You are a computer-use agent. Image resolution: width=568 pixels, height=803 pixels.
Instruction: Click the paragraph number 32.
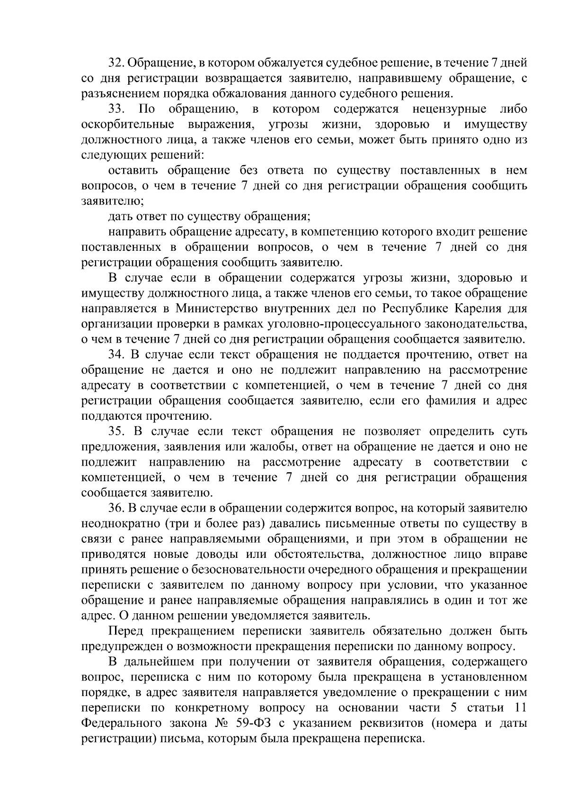115,63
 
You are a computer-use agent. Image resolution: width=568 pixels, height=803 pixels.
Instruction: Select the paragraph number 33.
116,109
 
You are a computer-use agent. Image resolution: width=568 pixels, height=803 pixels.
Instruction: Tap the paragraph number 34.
116,355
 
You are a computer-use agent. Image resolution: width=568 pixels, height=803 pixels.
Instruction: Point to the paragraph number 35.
116,432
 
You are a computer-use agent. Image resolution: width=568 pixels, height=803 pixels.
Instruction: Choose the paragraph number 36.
116,508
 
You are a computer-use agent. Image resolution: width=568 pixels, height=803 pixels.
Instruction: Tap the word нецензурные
450,109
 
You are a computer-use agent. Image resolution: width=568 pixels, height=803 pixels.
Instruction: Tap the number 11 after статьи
519,708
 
